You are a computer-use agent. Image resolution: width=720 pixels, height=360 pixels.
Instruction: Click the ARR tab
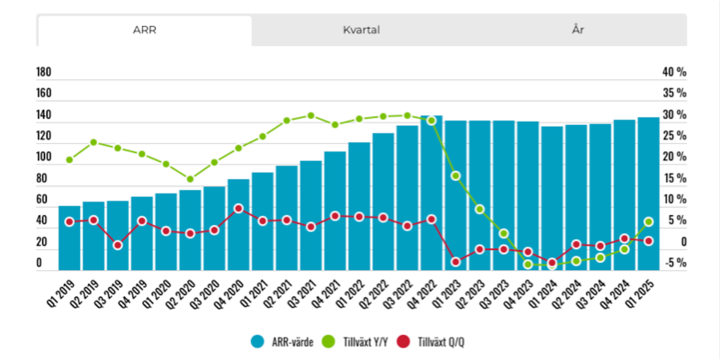(145, 31)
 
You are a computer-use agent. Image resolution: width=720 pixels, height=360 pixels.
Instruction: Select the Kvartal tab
(362, 31)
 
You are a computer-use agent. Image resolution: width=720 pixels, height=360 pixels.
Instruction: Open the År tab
(578, 31)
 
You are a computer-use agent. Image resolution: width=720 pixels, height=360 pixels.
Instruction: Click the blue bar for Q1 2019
(69, 238)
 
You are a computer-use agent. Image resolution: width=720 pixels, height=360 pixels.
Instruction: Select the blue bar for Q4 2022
(431, 193)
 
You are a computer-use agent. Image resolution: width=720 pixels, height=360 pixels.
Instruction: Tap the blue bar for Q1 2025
(648, 193)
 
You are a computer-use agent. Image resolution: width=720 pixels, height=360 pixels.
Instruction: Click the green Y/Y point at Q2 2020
(190, 179)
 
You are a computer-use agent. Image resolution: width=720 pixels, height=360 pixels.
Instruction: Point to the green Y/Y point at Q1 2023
(455, 175)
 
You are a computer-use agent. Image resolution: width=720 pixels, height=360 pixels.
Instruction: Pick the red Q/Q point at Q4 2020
(238, 209)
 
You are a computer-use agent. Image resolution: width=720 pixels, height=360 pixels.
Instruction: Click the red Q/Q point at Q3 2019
(118, 245)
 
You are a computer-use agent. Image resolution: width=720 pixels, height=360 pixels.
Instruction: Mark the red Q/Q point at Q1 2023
(455, 262)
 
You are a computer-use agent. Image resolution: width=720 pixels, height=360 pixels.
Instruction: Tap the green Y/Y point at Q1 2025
(648, 221)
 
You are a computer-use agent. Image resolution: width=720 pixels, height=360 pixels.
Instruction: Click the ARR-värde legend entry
(282, 342)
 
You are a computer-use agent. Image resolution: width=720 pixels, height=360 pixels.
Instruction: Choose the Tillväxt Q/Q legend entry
(433, 342)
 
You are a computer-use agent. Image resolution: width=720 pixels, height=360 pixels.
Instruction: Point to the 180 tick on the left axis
(43, 72)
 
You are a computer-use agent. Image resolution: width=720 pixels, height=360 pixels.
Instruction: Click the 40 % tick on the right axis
(674, 72)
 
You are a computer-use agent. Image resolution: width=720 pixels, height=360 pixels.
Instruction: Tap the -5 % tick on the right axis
(674, 263)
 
